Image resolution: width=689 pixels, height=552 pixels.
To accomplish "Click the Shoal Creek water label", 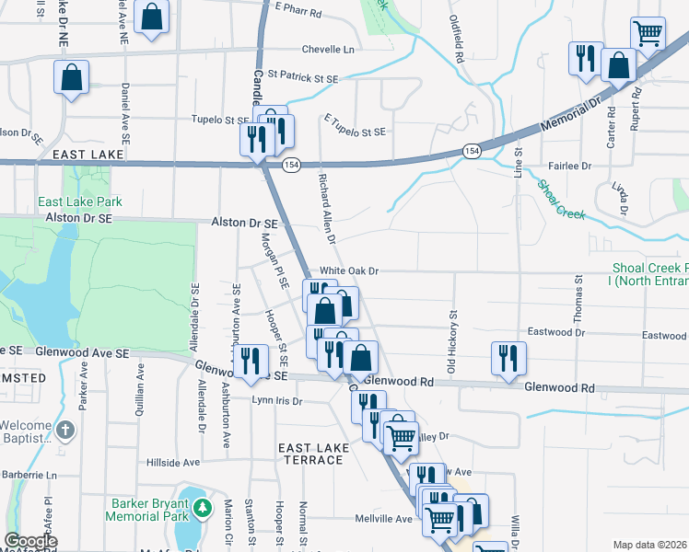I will pyautogui.click(x=560, y=200).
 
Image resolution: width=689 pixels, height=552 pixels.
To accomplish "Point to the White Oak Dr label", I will pyautogui.click(x=349, y=271).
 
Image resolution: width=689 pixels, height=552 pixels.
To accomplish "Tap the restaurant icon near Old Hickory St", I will pyautogui.click(x=508, y=358).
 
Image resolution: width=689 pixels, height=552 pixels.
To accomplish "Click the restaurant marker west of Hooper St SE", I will pyautogui.click(x=250, y=361).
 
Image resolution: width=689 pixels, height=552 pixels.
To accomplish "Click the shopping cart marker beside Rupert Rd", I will pyautogui.click(x=648, y=34).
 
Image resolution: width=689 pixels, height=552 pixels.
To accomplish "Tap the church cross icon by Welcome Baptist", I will pyautogui.click(x=65, y=430).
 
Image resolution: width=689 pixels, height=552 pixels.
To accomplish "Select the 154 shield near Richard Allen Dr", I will pyautogui.click(x=291, y=165).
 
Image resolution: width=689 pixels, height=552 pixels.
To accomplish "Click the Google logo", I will pyautogui.click(x=30, y=542).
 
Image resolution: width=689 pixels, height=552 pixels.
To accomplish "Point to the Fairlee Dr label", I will pyautogui.click(x=568, y=166).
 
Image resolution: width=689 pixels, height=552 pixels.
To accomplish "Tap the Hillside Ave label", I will pyautogui.click(x=173, y=462).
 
